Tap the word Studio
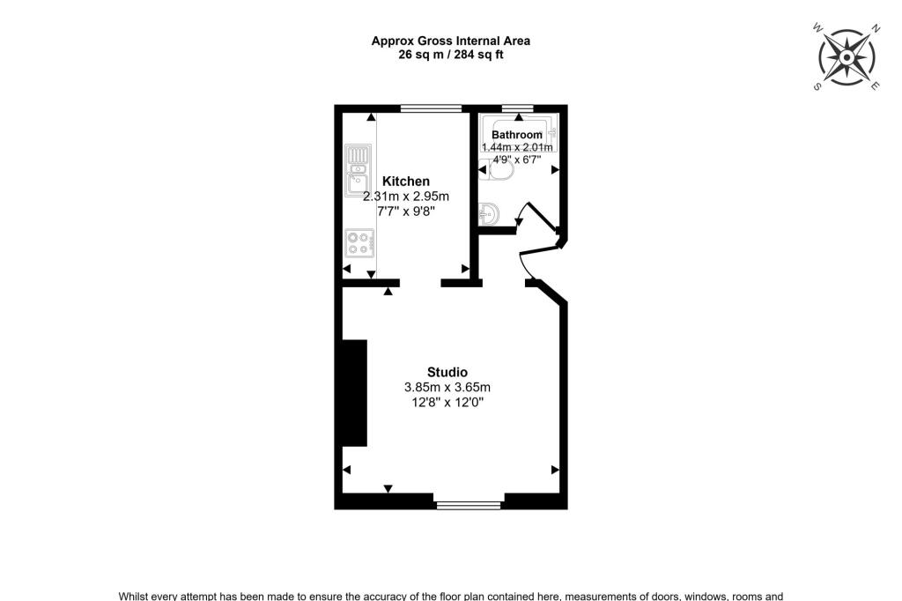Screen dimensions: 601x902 [447, 372]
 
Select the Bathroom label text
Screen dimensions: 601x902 [516, 135]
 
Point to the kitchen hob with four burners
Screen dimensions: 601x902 [360, 241]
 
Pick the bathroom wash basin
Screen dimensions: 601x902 [490, 214]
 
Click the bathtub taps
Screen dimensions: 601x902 [553, 134]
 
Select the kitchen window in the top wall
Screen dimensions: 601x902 [431, 108]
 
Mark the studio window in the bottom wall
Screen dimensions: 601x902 [469, 505]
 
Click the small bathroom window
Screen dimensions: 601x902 [517, 108]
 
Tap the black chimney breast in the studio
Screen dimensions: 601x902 [354, 393]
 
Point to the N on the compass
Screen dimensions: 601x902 [876, 28]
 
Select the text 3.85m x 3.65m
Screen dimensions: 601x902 [447, 387]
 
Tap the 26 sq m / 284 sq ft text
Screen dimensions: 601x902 [450, 55]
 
